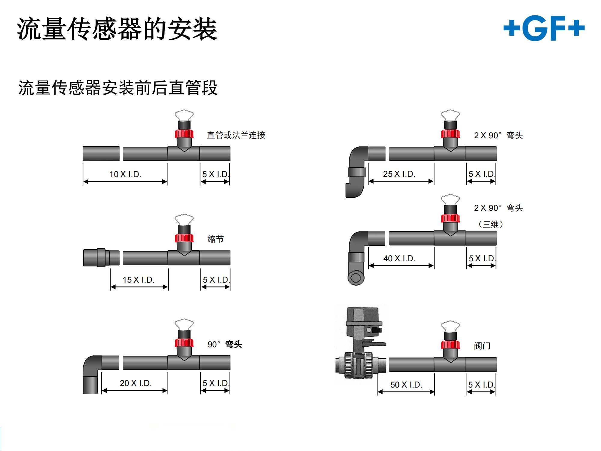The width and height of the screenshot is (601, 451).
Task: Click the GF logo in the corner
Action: point(544,29)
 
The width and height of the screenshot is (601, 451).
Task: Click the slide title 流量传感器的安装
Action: point(117,29)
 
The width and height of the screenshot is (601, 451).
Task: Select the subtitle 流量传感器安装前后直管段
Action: point(118,88)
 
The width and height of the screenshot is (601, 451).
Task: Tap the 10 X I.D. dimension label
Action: point(125,174)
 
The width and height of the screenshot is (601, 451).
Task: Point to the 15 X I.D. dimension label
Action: point(138,280)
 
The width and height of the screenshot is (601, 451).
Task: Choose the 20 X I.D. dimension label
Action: point(136,383)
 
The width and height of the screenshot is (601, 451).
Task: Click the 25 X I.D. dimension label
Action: point(399,174)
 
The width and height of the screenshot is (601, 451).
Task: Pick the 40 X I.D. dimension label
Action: point(399,259)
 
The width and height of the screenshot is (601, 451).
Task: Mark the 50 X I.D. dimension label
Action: point(406,385)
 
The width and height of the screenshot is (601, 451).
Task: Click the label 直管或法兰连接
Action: point(236,135)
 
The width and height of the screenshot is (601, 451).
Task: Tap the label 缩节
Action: point(215,239)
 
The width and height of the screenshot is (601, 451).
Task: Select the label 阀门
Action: point(482,346)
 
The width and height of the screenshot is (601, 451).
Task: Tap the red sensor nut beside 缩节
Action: point(184,238)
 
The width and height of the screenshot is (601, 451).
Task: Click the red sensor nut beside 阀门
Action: point(450,345)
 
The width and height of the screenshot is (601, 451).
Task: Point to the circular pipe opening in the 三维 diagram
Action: point(356,277)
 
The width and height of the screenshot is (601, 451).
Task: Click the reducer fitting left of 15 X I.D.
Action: point(101,258)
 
